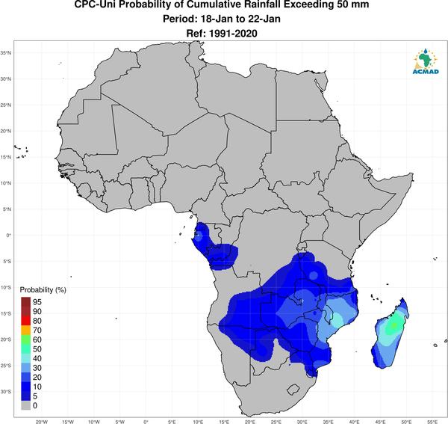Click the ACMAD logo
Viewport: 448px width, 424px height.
(x=426, y=61)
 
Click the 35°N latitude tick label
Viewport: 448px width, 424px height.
(x=5, y=53)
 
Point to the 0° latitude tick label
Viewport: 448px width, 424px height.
(x=8, y=235)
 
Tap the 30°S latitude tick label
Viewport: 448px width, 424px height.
(x=5, y=392)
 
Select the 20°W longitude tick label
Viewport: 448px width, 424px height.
(x=41, y=422)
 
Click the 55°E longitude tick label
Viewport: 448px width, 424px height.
(x=432, y=422)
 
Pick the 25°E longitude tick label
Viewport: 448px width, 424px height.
(x=276, y=422)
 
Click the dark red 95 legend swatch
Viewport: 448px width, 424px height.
(x=25, y=302)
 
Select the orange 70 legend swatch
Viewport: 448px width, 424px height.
(x=25, y=331)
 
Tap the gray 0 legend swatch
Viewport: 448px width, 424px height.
(x=25, y=405)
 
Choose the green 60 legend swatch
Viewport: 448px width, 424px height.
(x=25, y=339)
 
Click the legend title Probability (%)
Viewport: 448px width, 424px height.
(x=43, y=290)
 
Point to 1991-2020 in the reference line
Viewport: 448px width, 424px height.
(x=233, y=34)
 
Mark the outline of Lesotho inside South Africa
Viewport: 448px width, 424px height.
(x=293, y=390)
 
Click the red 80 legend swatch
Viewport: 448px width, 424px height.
(x=25, y=321)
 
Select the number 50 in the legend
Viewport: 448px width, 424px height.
(x=37, y=349)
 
